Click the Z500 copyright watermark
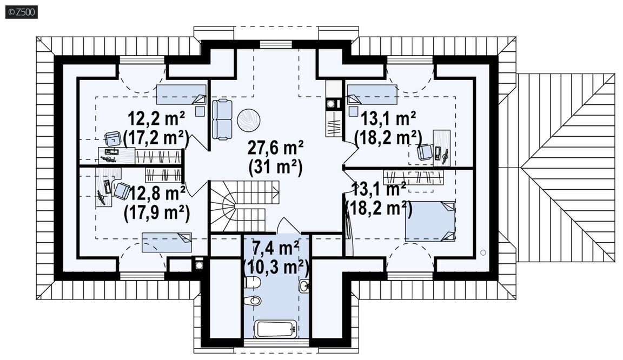(22, 12)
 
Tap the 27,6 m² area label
(275, 148)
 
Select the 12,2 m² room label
(156, 118)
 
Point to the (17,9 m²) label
(156, 212)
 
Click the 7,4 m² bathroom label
(276, 248)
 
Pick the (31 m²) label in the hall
(275, 167)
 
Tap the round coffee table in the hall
(249, 120)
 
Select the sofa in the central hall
(222, 119)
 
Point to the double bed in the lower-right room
(430, 221)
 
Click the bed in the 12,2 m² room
(181, 95)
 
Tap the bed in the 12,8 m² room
(167, 242)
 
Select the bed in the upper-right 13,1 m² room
(372, 95)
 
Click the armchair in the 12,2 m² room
(113, 139)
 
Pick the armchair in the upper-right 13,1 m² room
(425, 152)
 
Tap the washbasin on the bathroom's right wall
(304, 285)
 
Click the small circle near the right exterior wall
(483, 252)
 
